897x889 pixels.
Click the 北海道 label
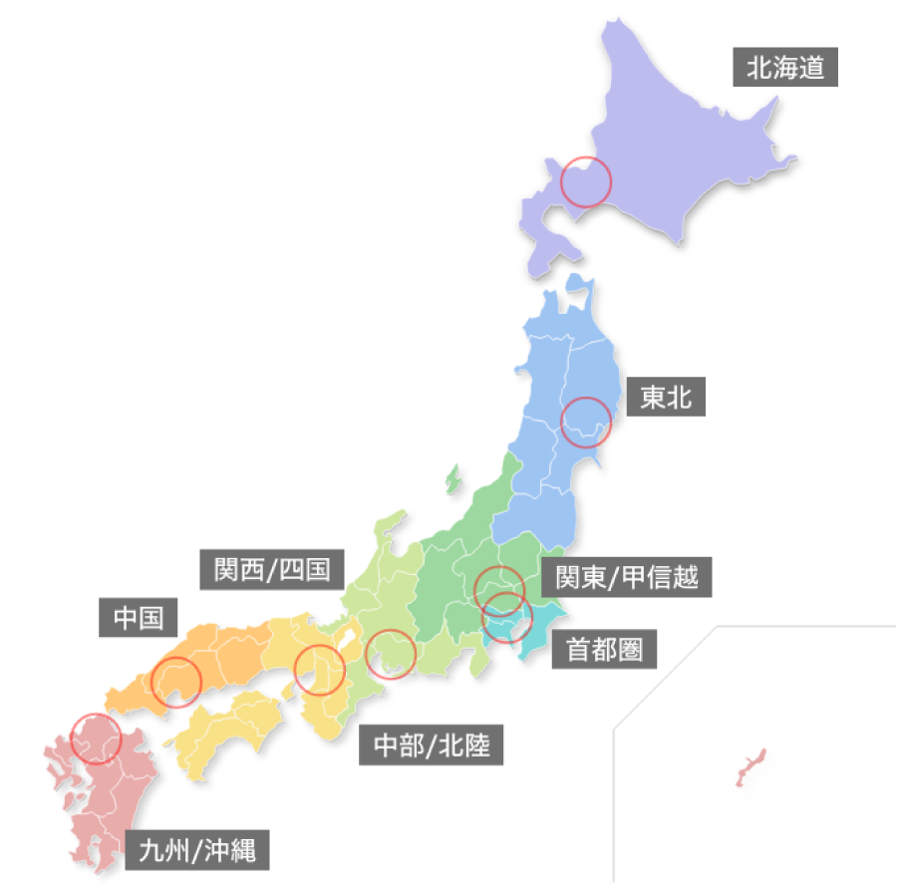coord(785,69)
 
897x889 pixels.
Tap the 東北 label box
coord(666,398)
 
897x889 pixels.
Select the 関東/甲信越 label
coord(627,575)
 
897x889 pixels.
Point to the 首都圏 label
coord(604,650)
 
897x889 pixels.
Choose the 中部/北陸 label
coord(432,743)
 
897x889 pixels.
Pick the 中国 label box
coord(139,617)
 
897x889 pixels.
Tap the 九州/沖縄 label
coord(197,850)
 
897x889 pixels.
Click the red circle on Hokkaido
coord(585,181)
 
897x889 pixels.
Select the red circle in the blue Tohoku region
coord(586,422)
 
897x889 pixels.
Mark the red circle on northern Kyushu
coord(97,739)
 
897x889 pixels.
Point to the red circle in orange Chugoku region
coord(175,682)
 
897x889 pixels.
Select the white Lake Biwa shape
coord(348,638)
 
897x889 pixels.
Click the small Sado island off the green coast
coord(453,478)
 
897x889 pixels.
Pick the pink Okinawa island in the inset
coord(750,766)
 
